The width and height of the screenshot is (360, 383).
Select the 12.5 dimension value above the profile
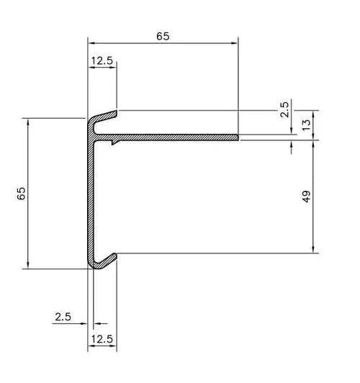click(102, 61)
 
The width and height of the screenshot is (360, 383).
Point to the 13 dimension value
click(306, 124)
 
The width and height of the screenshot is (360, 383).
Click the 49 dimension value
click(306, 196)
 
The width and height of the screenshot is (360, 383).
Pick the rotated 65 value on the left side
click(21, 193)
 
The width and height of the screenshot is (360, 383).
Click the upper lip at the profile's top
click(104, 115)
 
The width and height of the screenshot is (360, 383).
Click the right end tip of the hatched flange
click(237, 136)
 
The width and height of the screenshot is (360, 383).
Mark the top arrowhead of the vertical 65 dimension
click(27, 121)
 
